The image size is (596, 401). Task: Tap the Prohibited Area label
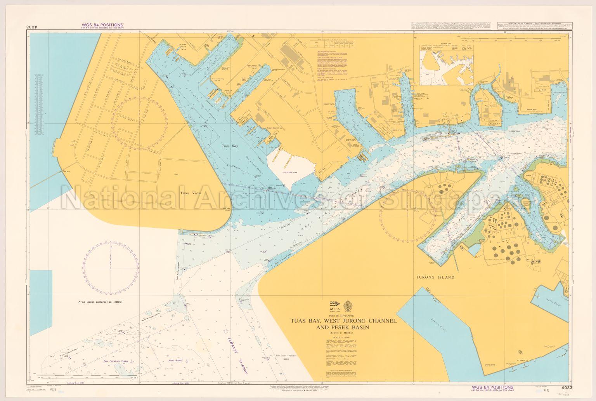click(x=290, y=171)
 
